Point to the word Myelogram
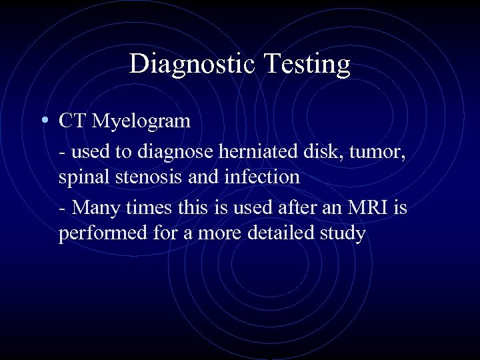click(141, 122)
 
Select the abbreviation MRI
click(365, 207)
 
